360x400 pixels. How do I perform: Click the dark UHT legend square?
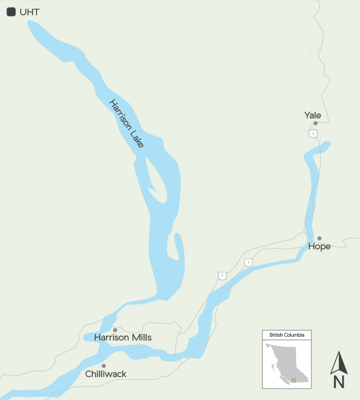[x=11, y=11]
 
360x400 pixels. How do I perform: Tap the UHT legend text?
[x=29, y=12]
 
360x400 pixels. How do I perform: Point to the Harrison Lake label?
[x=127, y=123]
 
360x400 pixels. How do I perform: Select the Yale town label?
[x=313, y=115]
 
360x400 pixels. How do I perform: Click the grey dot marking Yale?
[x=315, y=123]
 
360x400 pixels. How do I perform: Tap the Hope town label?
[x=319, y=247]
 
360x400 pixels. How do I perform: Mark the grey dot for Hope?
[x=320, y=238]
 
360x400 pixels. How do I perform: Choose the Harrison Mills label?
[x=123, y=338]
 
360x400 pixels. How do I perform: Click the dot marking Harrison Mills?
[x=115, y=330]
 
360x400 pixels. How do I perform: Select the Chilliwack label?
[x=106, y=374]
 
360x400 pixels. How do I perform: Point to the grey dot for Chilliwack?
[x=104, y=366]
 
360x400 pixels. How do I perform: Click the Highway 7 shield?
[x=222, y=276]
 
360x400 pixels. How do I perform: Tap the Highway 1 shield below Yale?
[x=313, y=134]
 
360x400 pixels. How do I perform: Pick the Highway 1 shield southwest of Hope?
[x=249, y=262]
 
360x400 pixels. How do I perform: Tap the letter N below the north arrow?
[x=339, y=382]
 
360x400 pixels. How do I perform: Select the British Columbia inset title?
[x=287, y=335]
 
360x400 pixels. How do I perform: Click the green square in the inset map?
[x=293, y=380]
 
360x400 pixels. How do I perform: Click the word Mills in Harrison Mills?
[x=140, y=338]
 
